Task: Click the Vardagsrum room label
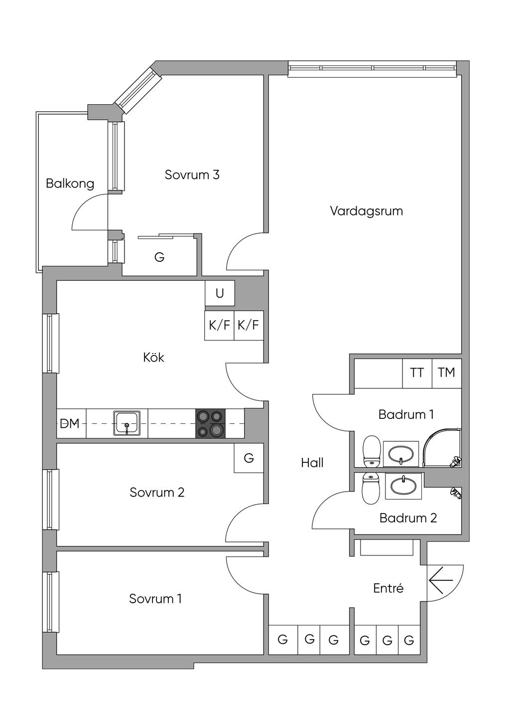(367, 211)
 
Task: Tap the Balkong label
(70, 183)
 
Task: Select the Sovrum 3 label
(192, 175)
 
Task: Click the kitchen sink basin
(127, 423)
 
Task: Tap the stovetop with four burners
(210, 423)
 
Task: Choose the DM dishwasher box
(72, 423)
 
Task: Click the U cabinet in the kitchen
(220, 293)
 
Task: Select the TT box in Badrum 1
(417, 373)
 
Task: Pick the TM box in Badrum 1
(447, 373)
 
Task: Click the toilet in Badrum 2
(371, 488)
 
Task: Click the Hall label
(312, 463)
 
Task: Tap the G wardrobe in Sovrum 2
(249, 458)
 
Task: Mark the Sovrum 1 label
(155, 599)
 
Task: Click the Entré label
(388, 588)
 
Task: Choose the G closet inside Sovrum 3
(159, 257)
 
